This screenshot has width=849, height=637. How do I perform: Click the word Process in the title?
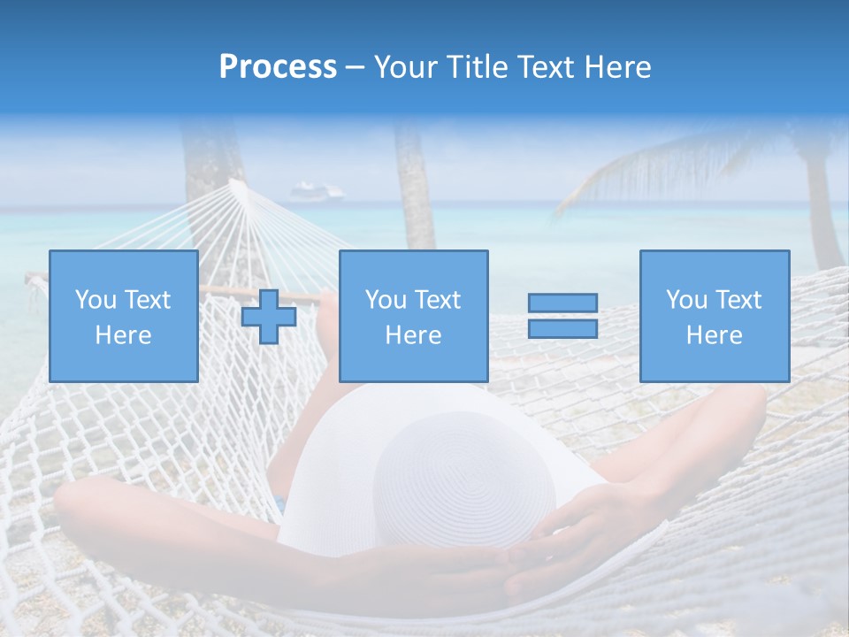278,67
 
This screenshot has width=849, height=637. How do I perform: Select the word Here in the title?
616,67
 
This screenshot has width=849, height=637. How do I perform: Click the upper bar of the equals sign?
562,303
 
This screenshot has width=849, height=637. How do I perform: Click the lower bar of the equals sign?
562,329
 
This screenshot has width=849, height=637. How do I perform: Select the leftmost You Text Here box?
124,316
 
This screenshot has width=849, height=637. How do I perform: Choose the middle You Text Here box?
414,316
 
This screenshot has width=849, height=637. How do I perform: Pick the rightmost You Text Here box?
715,316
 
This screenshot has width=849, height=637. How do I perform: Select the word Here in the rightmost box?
715,335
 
